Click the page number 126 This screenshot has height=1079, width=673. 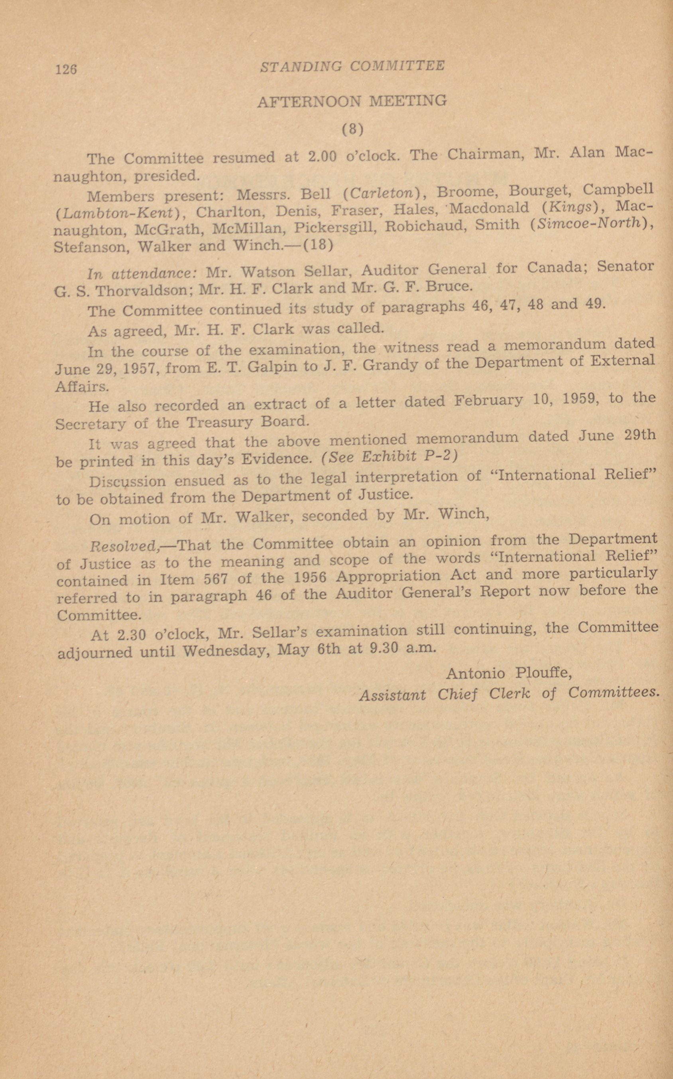coord(66,69)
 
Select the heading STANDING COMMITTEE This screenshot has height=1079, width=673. coord(352,66)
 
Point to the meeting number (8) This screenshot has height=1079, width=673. coord(352,129)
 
